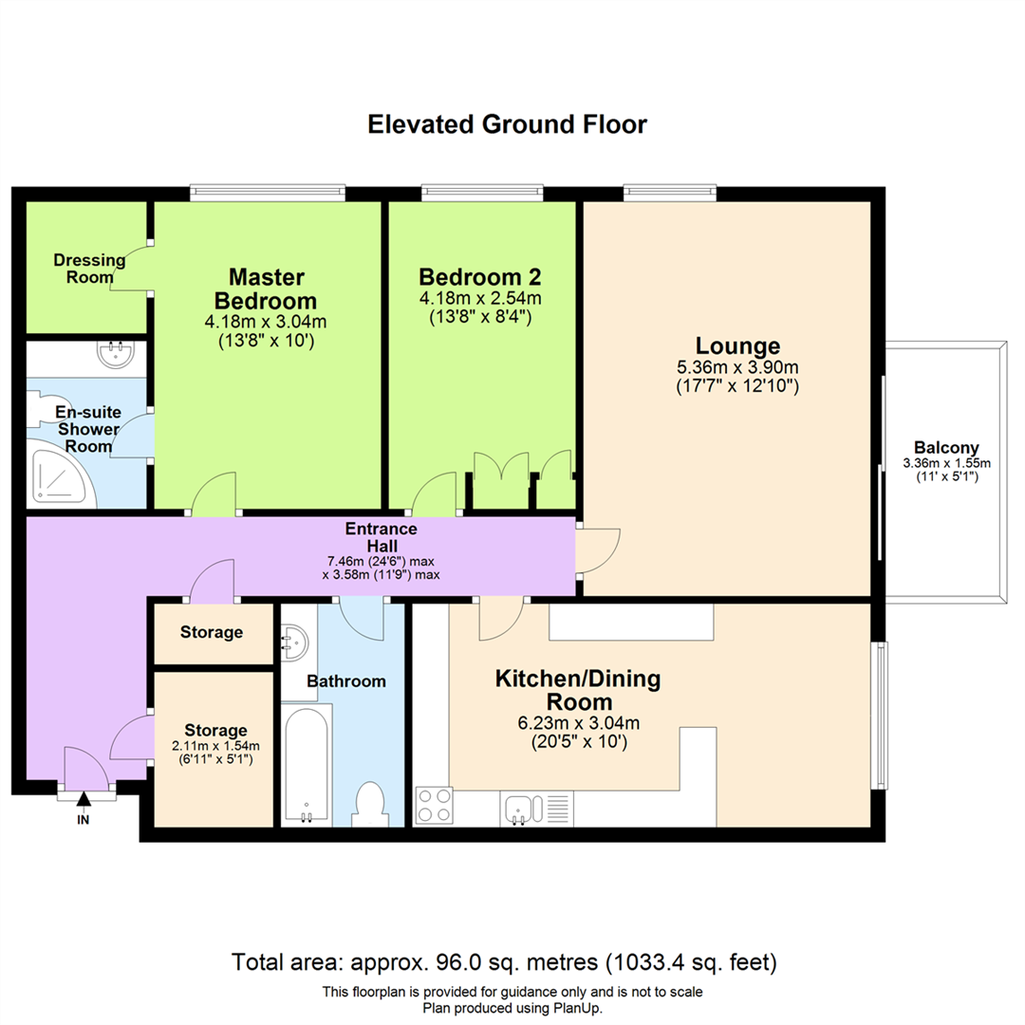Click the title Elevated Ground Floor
click(x=507, y=124)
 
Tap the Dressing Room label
click(x=89, y=269)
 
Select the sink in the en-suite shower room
click(x=116, y=354)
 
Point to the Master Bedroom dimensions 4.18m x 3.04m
click(x=266, y=322)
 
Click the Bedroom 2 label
click(x=480, y=276)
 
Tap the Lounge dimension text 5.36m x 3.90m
click(x=737, y=367)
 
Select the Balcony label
click(x=946, y=448)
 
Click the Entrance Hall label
click(x=382, y=536)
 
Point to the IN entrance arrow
click(x=83, y=799)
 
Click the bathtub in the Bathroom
click(x=307, y=764)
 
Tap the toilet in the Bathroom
click(x=370, y=805)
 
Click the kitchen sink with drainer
click(x=536, y=808)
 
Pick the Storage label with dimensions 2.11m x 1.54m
click(x=215, y=744)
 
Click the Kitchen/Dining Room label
click(x=579, y=690)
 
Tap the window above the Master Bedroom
click(x=268, y=192)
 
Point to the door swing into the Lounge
click(x=598, y=550)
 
